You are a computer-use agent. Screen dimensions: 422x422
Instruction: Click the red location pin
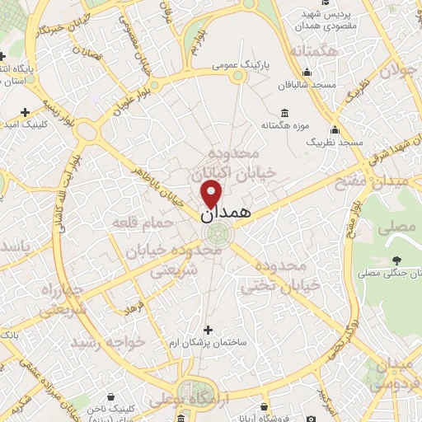(212, 194)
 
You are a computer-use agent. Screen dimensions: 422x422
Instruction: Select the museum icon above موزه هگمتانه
(284, 113)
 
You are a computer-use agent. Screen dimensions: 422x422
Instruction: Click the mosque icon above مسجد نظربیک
(334, 129)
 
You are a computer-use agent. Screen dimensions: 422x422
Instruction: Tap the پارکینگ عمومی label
(237, 63)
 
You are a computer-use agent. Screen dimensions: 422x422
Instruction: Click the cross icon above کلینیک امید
(25, 111)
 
